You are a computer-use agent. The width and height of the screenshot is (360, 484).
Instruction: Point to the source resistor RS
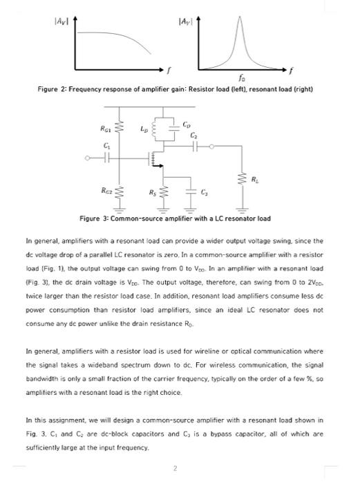click(163, 189)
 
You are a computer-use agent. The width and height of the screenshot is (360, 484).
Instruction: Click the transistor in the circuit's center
click(156, 160)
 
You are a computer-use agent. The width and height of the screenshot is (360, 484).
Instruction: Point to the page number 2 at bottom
click(176, 468)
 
